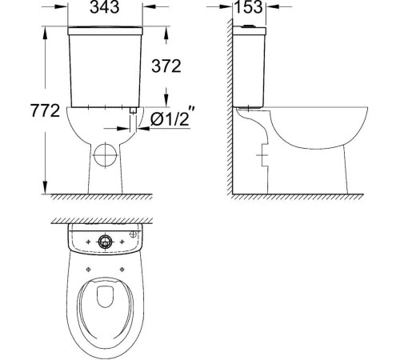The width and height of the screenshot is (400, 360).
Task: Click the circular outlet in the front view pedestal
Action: [105, 151]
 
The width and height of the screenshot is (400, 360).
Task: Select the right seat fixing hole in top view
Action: [134, 267]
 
